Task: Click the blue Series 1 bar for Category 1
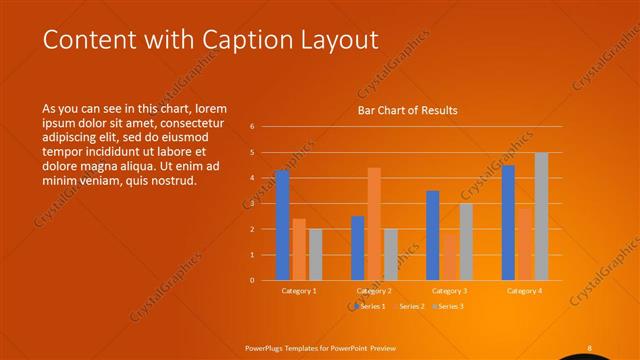pos(282,225)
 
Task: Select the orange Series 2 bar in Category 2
pos(374,224)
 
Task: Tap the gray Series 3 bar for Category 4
pos(541,216)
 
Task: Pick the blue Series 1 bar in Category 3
pos(433,235)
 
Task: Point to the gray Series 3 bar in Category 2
pos(391,254)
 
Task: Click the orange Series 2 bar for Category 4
pos(525,244)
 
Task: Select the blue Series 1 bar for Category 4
pos(508,222)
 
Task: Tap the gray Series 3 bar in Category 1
pos(315,254)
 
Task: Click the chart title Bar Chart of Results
pos(408,111)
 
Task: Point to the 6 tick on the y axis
pos(253,127)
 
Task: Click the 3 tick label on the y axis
pos(253,204)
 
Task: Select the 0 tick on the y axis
pos(253,281)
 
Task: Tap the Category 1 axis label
pos(299,291)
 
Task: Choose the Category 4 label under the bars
pos(524,291)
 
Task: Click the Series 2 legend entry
pos(409,306)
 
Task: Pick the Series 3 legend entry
pos(448,306)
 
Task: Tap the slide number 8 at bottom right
pos(589,348)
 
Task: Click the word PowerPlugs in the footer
pos(267,348)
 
